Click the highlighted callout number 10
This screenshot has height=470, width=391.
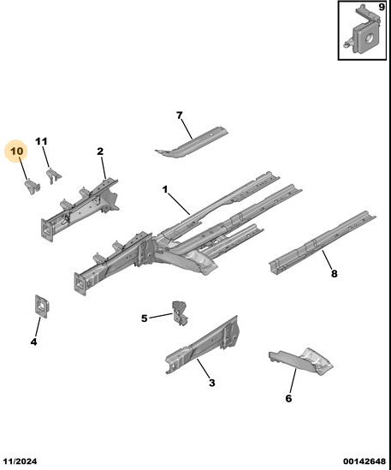click(x=17, y=151)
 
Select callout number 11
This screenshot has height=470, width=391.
click(x=41, y=141)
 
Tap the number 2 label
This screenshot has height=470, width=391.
click(x=100, y=152)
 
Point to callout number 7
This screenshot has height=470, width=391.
click(x=179, y=116)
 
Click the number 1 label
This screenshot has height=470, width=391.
click(x=165, y=189)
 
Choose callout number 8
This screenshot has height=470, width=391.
click(x=334, y=273)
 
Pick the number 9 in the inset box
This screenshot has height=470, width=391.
click(x=382, y=7)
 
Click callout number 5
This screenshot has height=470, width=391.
click(x=145, y=318)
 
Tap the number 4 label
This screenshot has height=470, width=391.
click(x=34, y=342)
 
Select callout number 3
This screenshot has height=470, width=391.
click(x=212, y=383)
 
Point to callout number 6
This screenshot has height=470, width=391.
click(x=288, y=398)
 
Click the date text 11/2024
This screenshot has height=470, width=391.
click(x=21, y=461)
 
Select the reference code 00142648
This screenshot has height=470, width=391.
click(x=364, y=461)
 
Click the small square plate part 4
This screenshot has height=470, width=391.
click(x=42, y=306)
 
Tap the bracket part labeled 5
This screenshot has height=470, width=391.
click(x=180, y=313)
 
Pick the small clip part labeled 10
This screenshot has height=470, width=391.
click(x=33, y=186)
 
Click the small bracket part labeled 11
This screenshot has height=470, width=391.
click(x=54, y=176)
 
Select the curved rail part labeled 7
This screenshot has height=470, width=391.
click(x=192, y=142)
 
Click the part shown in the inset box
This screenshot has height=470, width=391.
click(x=363, y=32)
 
